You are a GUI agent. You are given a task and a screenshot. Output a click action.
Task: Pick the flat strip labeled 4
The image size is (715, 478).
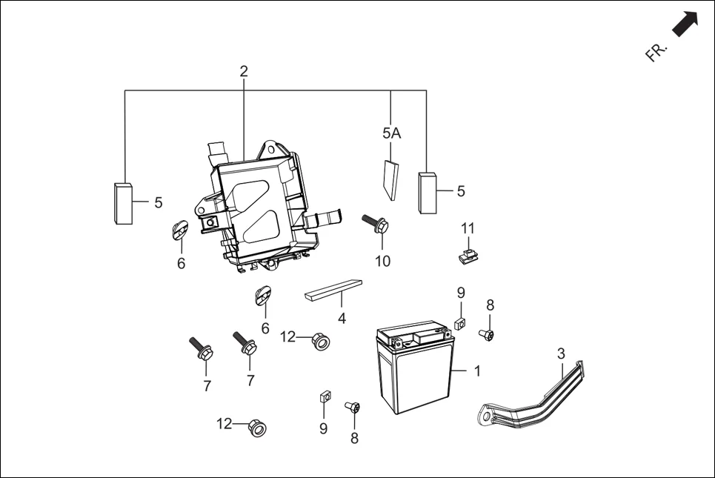[x=333, y=290]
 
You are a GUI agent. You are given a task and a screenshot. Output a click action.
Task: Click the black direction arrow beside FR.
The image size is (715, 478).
[x=685, y=24]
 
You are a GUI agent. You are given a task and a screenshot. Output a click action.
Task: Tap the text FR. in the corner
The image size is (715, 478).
[x=656, y=52]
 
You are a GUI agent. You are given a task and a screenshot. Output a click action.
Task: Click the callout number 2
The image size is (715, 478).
[x=244, y=72]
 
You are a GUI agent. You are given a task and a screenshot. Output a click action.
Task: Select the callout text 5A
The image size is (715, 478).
[x=391, y=133]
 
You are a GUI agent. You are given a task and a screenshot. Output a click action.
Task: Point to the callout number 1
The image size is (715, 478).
[x=477, y=371]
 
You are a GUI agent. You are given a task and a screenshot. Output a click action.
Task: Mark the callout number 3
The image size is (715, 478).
[x=561, y=353]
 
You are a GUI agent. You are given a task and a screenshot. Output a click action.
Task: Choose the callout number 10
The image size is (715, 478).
[x=382, y=261]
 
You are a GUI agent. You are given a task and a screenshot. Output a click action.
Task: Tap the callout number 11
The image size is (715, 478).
[x=468, y=228]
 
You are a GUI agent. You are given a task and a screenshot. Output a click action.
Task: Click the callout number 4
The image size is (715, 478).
[x=342, y=319]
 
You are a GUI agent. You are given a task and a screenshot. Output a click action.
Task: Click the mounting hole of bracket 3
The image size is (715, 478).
[x=486, y=417]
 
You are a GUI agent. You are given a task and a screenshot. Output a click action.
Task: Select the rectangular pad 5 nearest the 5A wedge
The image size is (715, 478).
[x=428, y=193]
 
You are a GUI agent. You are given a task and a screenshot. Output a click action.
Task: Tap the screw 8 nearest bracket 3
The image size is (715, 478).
[x=488, y=335]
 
